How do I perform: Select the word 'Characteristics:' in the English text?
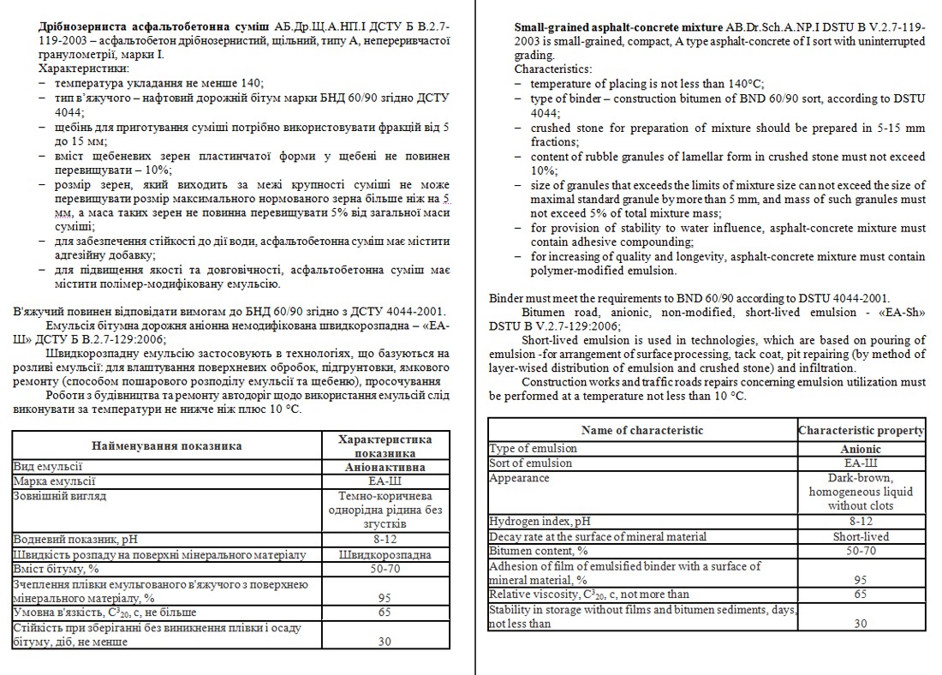tap(553, 69)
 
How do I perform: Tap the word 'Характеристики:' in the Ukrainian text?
tap(85, 68)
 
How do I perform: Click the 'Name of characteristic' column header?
tap(641, 430)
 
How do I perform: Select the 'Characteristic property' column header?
tap(861, 430)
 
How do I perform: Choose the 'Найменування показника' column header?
tap(166, 445)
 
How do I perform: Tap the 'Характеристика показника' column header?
tap(385, 445)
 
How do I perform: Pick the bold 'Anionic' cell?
tap(861, 449)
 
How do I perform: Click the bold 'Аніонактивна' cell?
tap(385, 468)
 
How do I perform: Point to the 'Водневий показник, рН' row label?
tap(75, 539)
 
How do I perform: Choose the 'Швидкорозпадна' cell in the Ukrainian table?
tap(385, 554)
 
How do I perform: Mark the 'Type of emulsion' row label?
tap(533, 449)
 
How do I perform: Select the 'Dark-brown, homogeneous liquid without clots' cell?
tap(861, 492)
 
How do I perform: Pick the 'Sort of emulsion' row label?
tap(530, 463)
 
